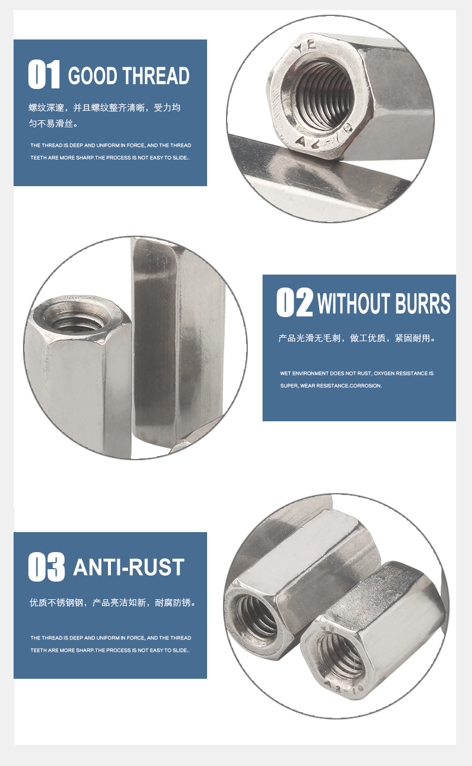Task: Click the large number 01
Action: click(44, 75)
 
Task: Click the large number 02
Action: click(294, 302)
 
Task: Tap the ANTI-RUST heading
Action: click(129, 567)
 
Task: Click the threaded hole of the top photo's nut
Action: click(319, 94)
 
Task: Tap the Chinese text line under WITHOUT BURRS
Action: click(357, 338)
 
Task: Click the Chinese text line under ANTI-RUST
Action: click(112, 603)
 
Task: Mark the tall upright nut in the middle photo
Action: click(177, 342)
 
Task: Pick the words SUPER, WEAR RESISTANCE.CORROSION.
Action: click(331, 386)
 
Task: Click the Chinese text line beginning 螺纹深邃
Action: click(104, 108)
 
